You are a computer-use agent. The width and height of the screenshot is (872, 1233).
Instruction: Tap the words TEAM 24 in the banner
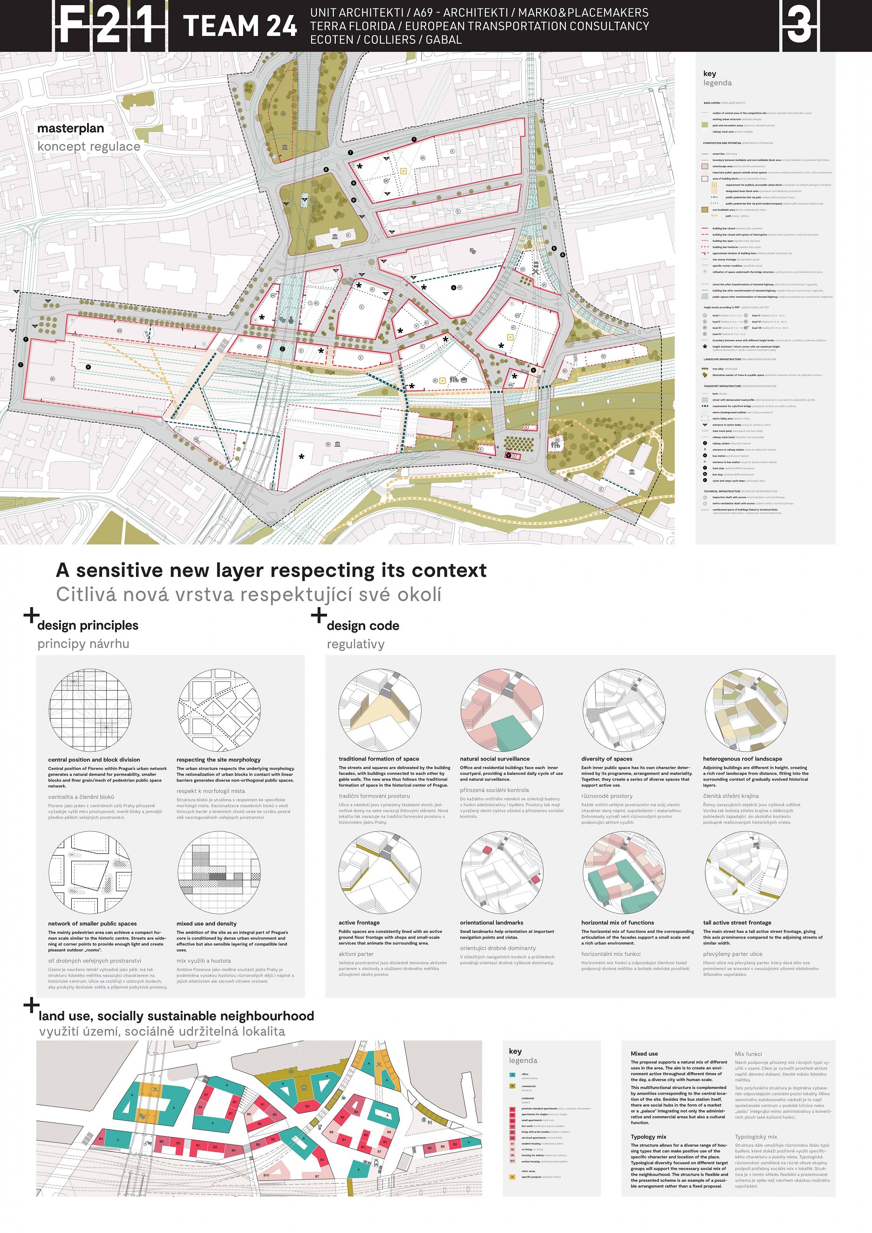pyautogui.click(x=239, y=26)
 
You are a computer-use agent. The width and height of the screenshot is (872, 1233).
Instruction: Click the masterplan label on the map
pyautogui.click(x=70, y=128)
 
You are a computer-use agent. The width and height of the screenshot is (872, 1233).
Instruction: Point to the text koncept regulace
pyautogui.click(x=89, y=147)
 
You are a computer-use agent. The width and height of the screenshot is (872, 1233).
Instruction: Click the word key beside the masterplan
pyautogui.click(x=709, y=74)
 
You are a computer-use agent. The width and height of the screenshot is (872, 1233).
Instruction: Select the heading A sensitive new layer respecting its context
pyautogui.click(x=271, y=570)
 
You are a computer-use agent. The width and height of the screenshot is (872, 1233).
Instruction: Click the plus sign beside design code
pyautogui.click(x=319, y=615)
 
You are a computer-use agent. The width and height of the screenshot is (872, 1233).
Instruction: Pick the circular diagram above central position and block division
pyautogui.click(x=90, y=710)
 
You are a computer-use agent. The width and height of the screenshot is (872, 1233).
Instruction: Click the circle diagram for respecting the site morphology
pyautogui.click(x=219, y=710)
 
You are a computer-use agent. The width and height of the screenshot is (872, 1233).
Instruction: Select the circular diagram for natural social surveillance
pyautogui.click(x=502, y=710)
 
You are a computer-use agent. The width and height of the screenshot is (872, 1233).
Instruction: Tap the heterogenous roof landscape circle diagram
pyautogui.click(x=746, y=710)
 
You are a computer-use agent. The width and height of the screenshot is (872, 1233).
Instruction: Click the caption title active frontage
pyautogui.click(x=359, y=923)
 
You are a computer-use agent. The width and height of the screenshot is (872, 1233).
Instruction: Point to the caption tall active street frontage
pyautogui.click(x=737, y=923)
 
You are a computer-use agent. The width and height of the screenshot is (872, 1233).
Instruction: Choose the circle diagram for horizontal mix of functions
pyautogui.click(x=624, y=873)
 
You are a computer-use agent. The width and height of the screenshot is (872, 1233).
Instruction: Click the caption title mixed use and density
pyautogui.click(x=206, y=924)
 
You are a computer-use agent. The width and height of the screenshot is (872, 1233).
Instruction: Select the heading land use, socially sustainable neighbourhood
pyautogui.click(x=176, y=1016)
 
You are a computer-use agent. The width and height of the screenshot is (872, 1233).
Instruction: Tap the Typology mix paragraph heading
pyautogui.click(x=648, y=1137)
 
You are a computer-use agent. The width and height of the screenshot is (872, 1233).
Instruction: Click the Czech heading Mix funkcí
pyautogui.click(x=748, y=1054)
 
